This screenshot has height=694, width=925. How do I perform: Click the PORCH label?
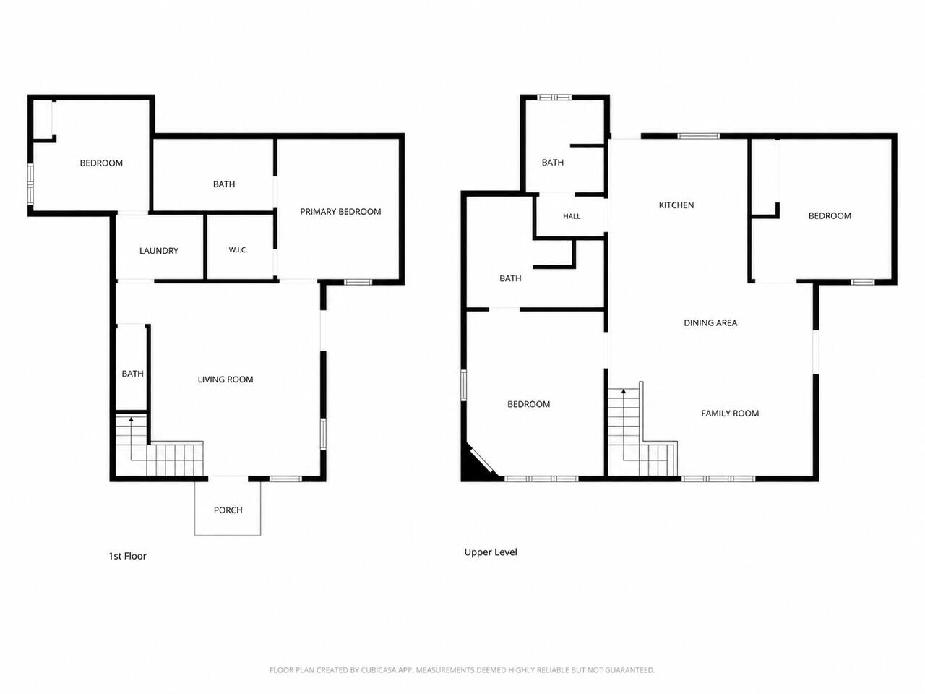pos(228,510)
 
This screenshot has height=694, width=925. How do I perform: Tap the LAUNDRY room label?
pos(159,251)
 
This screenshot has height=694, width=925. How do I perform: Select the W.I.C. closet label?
pos(238,250)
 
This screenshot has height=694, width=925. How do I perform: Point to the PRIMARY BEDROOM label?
pos(340,212)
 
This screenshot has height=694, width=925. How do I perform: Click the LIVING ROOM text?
pos(225,380)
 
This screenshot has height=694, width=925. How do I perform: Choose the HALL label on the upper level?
pos(572,216)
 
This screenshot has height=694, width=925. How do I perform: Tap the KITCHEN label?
pos(676,205)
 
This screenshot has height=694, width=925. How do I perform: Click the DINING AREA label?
pos(710,322)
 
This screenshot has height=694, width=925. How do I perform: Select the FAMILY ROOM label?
pos(730,414)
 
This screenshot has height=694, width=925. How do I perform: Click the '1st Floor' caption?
pos(128,556)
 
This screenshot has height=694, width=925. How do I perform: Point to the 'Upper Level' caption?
pos(491,552)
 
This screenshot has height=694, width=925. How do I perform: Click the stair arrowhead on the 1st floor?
pos(132,419)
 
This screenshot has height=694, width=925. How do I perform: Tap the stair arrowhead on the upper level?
pos(624,391)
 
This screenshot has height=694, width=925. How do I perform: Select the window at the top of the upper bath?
pos(554,98)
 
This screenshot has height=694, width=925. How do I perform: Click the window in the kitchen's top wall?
pos(698,136)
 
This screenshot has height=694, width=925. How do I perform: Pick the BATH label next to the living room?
pos(133,374)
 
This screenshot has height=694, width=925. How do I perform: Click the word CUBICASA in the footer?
pos(379,670)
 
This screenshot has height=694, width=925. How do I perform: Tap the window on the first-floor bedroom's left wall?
pos(30,184)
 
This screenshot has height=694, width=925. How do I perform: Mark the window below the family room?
pos(718,479)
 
